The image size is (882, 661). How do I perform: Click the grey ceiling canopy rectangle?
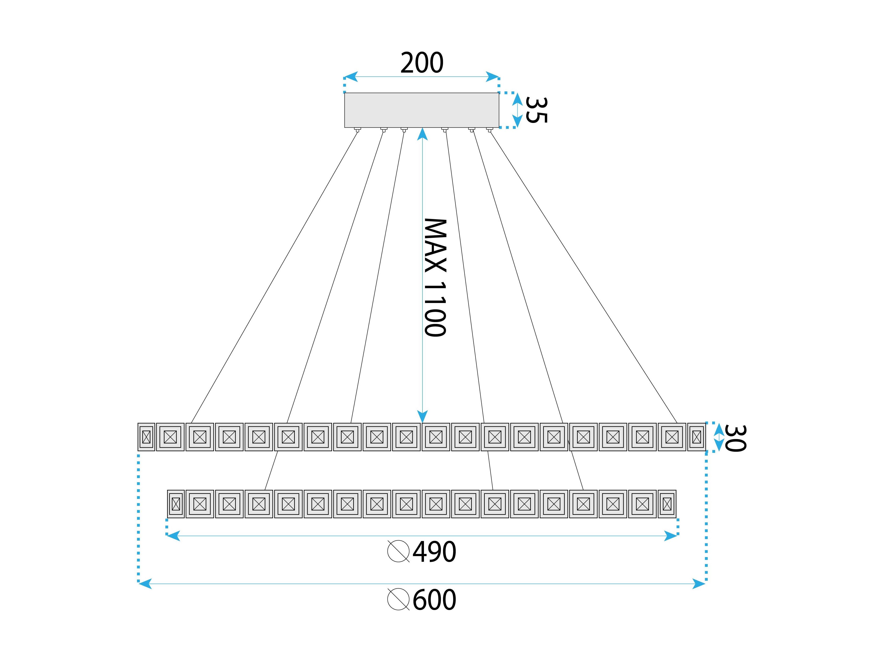click(x=421, y=110)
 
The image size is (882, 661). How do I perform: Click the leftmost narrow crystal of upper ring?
click(x=146, y=437)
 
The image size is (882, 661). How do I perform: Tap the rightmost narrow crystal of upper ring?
click(x=696, y=437)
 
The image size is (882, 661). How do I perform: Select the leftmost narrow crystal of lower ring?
click(x=176, y=504)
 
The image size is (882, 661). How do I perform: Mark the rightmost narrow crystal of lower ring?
click(x=667, y=504)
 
